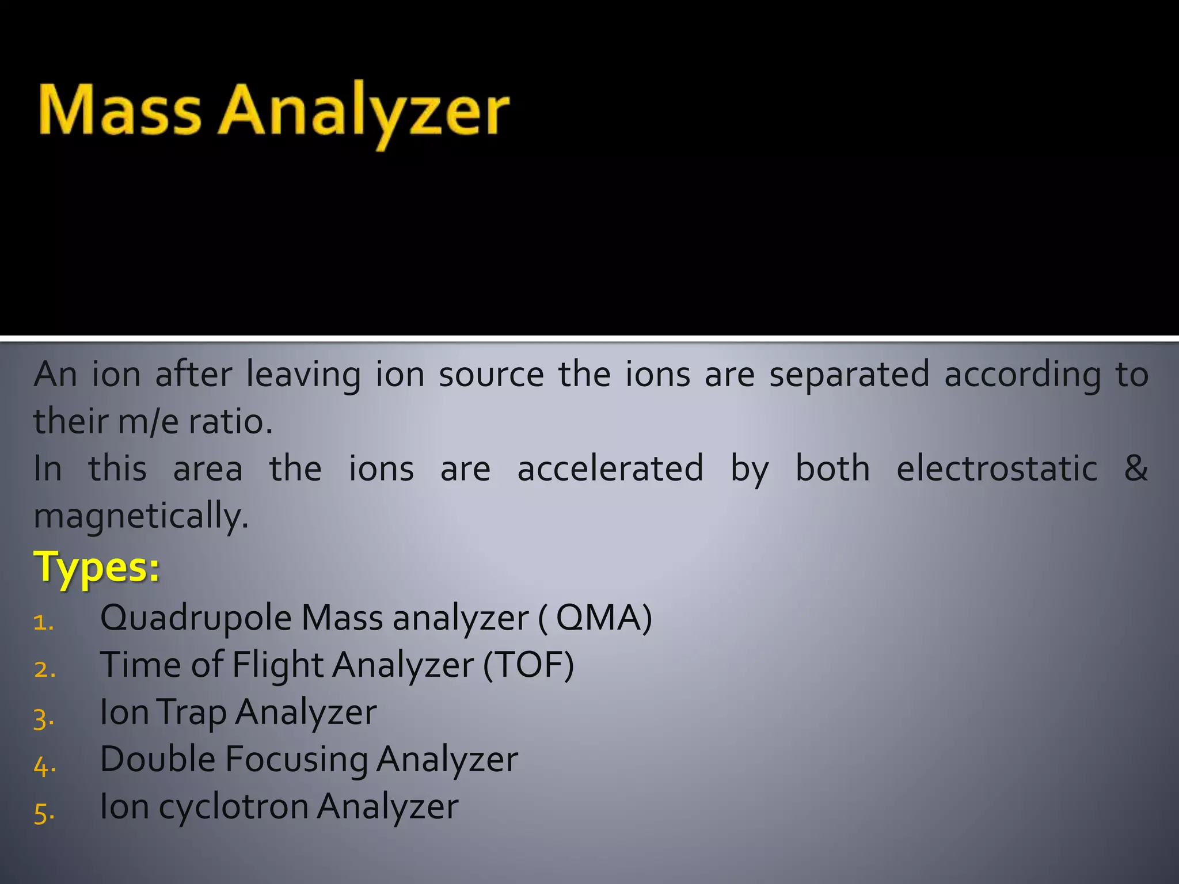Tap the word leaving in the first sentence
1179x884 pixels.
[x=303, y=375]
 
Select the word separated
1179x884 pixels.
[x=849, y=375]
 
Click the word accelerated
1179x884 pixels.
[x=610, y=468]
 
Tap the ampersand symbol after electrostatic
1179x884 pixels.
[x=1135, y=468]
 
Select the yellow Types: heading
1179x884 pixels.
[x=97, y=567]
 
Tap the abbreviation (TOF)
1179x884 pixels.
[x=528, y=666]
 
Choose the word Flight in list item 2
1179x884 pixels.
[x=277, y=666]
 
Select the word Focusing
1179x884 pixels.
[x=296, y=760]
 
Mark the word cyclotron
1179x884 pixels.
[x=233, y=807]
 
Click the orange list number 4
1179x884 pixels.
[x=44, y=767]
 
